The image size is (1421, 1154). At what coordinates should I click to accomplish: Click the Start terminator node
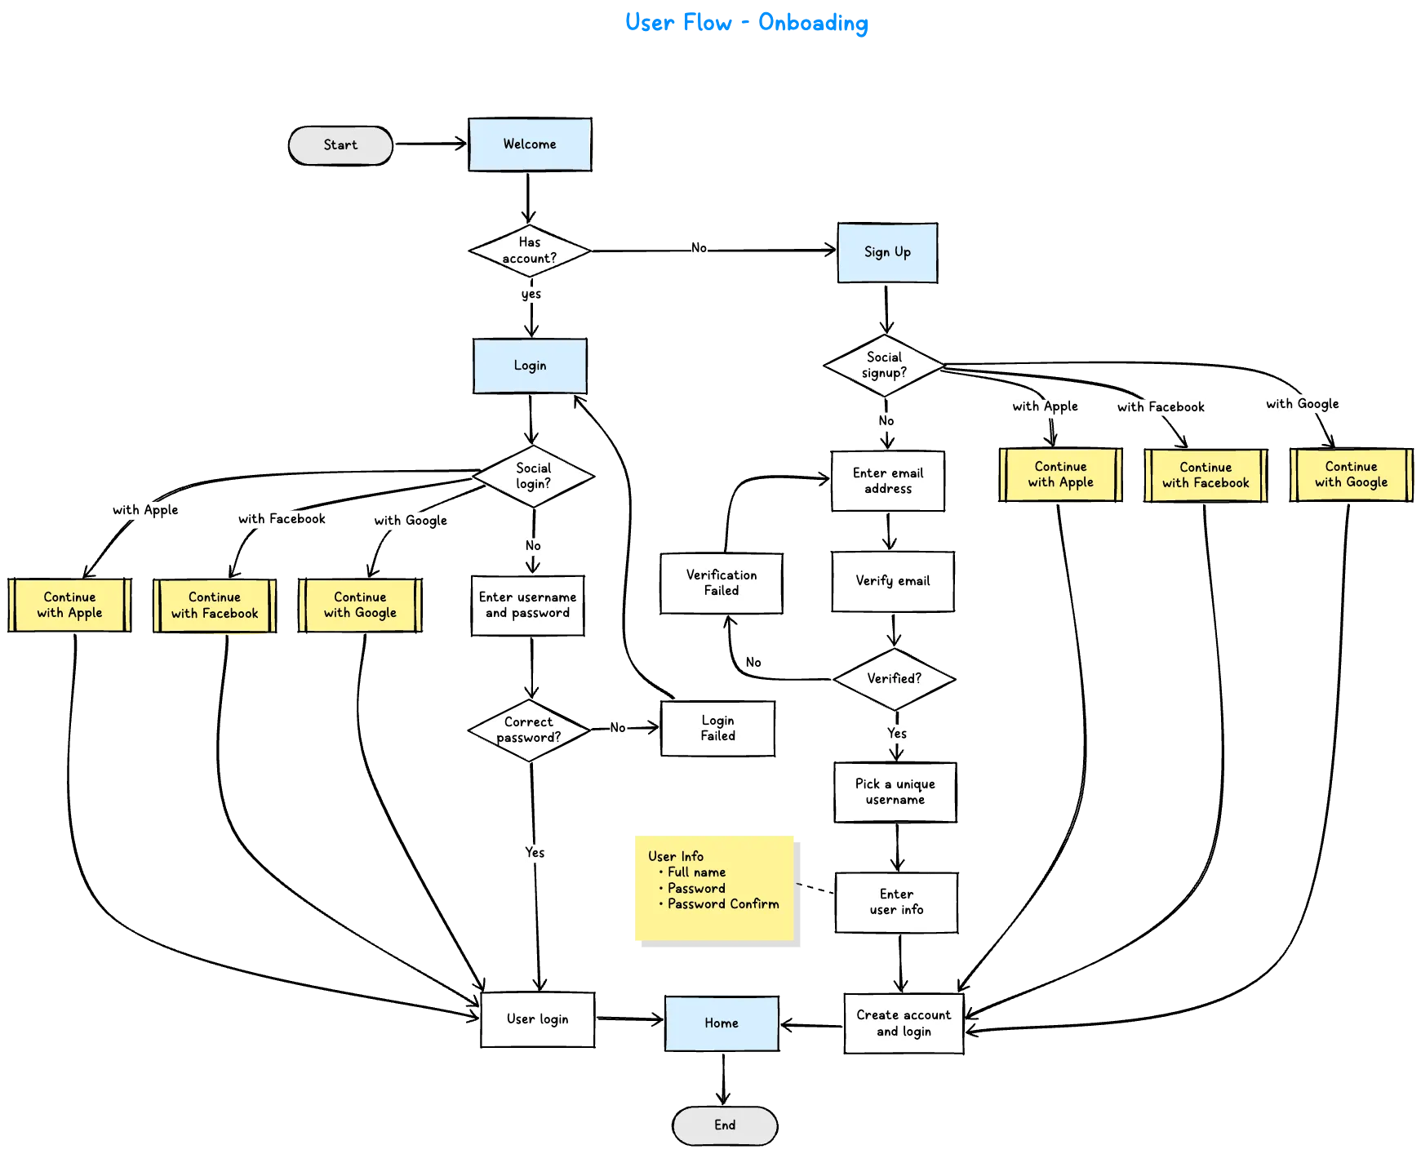point(340,145)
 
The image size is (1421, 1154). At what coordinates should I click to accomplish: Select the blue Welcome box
point(530,144)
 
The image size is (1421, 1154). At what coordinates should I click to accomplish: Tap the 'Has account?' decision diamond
point(530,250)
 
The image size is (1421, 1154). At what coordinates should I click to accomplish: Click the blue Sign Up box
point(887,252)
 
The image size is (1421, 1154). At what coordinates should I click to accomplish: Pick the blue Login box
point(529,366)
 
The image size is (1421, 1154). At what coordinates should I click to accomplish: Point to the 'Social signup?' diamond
point(884,365)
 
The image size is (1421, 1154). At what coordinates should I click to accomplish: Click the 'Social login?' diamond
point(532,476)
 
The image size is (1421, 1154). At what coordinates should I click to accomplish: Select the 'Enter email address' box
point(888,481)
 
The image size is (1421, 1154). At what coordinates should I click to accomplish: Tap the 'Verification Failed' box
point(721,583)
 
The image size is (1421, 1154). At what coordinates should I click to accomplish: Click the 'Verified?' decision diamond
point(894,678)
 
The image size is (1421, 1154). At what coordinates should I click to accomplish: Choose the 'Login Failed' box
point(717,728)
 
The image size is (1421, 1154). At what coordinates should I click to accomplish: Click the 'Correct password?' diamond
point(528,730)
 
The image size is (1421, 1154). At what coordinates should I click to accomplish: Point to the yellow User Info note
point(715,889)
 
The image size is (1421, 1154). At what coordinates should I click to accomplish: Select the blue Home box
point(722,1023)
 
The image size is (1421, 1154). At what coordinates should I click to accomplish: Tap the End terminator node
point(725,1125)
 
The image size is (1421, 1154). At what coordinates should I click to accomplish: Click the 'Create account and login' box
point(904,1023)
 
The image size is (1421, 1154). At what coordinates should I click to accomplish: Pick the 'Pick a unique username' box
point(895,792)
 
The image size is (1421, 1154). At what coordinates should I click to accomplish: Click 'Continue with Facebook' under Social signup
point(1205,475)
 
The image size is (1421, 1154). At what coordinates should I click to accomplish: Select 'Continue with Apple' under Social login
point(69,605)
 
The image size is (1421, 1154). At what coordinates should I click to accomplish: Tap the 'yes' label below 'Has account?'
point(531,294)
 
